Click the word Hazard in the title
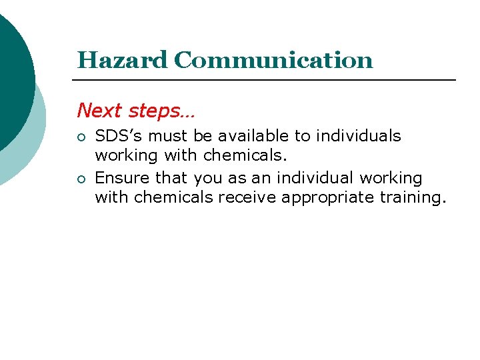[122, 60]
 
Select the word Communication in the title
[273, 60]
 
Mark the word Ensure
[122, 178]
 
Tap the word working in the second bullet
[391, 179]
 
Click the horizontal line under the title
[267, 80]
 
